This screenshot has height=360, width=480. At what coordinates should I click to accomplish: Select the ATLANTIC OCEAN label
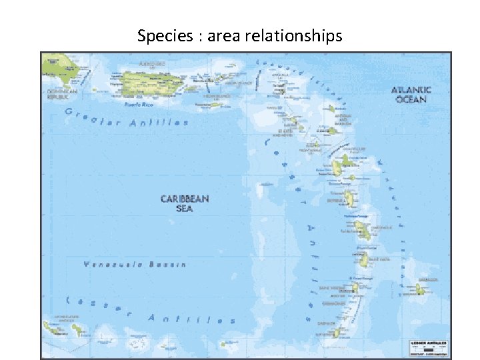[411, 94]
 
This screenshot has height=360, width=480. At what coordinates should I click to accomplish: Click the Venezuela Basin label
[135, 265]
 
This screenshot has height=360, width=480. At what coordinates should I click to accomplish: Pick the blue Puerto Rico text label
[139, 104]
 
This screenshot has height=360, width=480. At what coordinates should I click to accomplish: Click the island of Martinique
[363, 230]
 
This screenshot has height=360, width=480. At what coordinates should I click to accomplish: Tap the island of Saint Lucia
[365, 259]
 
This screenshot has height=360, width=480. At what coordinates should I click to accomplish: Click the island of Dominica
[350, 198]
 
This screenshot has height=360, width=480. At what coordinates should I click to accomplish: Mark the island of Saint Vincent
[355, 287]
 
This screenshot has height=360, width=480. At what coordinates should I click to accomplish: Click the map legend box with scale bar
[428, 347]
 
